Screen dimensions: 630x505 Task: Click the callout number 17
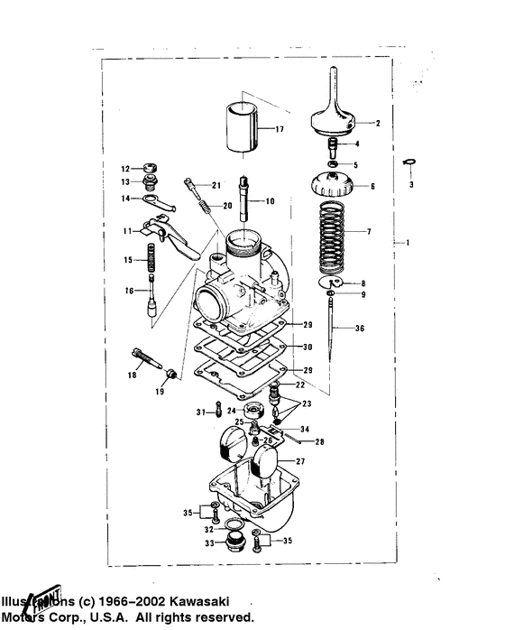[281, 129]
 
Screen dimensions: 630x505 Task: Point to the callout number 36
[361, 329]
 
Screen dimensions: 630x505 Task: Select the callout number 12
[126, 168]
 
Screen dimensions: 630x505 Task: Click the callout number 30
[308, 347]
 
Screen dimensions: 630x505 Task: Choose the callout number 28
[319, 442]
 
